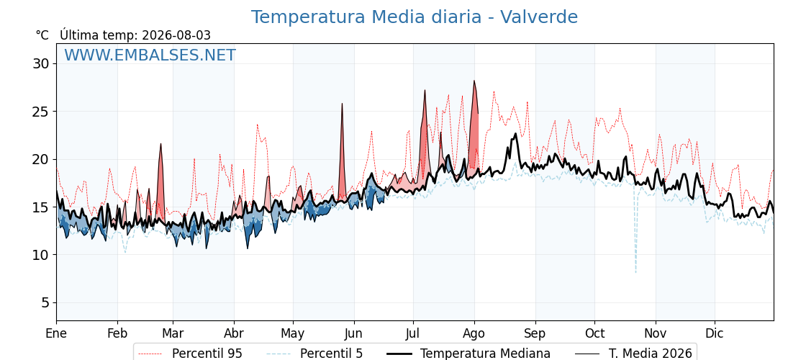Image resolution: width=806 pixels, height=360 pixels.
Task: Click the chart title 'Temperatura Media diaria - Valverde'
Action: click(415, 17)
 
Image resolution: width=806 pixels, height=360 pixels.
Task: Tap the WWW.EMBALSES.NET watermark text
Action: click(150, 55)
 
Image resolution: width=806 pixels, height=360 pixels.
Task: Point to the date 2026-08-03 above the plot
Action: click(176, 35)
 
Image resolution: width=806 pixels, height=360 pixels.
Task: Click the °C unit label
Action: click(42, 35)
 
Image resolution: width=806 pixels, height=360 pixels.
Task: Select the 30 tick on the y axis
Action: click(41, 64)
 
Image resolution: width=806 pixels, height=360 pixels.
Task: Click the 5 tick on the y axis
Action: click(45, 303)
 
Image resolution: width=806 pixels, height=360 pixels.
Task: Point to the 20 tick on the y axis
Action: click(41, 159)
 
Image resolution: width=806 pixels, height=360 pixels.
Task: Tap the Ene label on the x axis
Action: click(57, 333)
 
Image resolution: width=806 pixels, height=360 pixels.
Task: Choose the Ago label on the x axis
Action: click(474, 334)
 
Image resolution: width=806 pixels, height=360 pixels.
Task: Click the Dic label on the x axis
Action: click(715, 333)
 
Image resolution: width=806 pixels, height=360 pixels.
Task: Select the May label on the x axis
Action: click(293, 334)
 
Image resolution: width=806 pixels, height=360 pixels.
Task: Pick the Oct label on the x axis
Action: click(594, 333)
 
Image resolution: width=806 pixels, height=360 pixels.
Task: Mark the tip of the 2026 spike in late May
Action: click(342, 104)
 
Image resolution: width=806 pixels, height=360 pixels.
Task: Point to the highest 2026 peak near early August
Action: click(474, 81)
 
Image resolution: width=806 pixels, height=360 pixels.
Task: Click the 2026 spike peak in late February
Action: click(161, 144)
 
